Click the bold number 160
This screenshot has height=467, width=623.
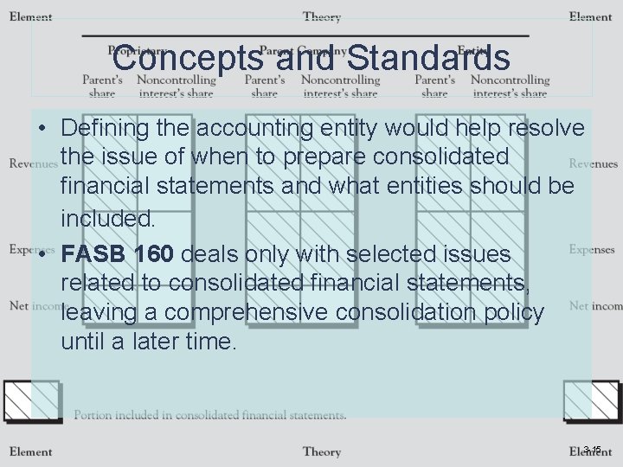(153, 255)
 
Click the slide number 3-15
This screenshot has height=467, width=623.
(592, 449)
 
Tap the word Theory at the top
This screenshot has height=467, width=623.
(322, 16)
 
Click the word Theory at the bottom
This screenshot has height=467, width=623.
(322, 451)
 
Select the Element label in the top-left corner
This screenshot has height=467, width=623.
(31, 16)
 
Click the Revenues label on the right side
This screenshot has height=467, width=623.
(593, 163)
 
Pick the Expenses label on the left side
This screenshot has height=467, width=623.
(31, 249)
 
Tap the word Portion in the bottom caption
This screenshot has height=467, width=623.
(93, 415)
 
